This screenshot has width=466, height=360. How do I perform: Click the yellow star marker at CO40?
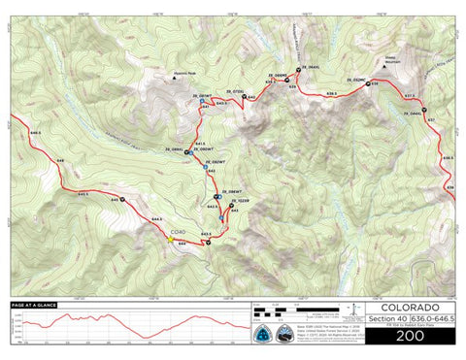pos(169,239)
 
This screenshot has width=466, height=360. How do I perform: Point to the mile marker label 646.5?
pos(36,132)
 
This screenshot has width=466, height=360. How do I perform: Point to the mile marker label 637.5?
pos(409,96)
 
